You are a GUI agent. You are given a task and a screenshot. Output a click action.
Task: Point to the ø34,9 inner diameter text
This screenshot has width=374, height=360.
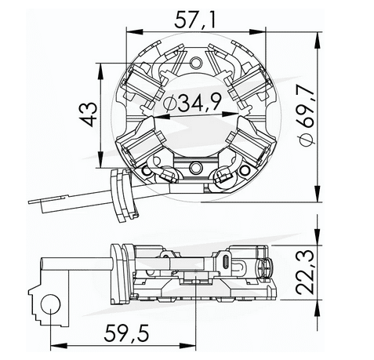click(x=189, y=103)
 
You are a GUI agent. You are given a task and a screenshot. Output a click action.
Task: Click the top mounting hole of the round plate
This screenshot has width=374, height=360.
click(x=194, y=61)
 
